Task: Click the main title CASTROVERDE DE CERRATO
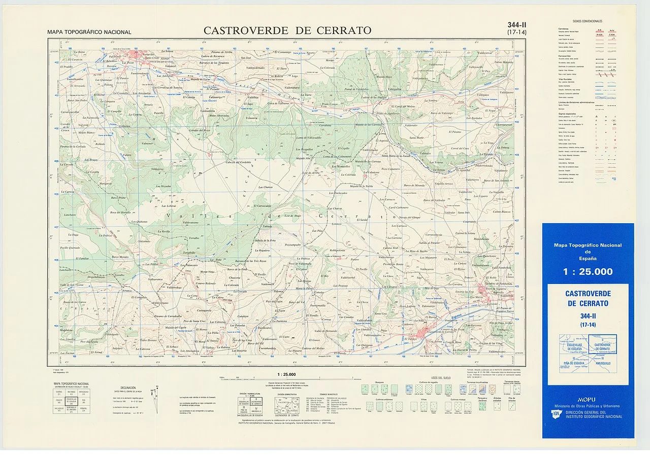click(287, 30)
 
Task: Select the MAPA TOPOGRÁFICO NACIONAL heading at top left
click(89, 32)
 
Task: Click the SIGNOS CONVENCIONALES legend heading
click(587, 21)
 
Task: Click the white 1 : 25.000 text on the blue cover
click(588, 271)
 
